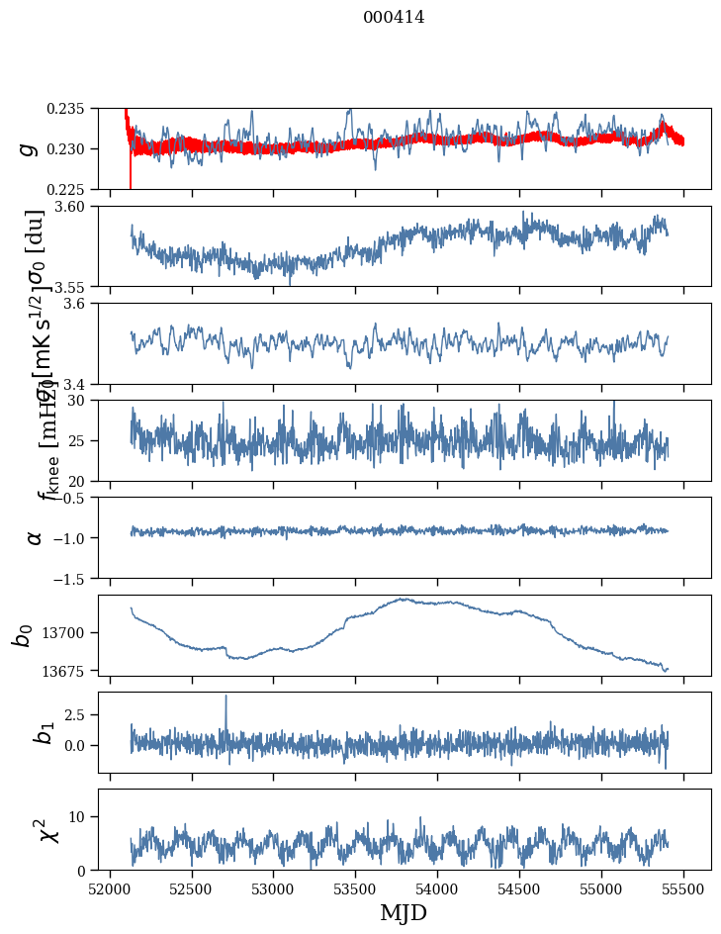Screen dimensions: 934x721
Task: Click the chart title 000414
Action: tap(394, 17)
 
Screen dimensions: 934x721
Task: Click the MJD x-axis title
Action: tap(404, 912)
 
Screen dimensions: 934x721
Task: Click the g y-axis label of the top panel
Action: tap(30, 148)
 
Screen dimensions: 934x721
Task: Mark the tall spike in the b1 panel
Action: tap(225, 697)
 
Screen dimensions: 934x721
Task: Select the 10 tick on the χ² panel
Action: tap(83, 816)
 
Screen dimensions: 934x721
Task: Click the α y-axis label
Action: tap(35, 536)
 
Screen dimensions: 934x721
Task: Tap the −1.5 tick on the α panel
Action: tap(75, 578)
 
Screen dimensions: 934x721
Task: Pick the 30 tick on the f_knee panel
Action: tap(83, 400)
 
